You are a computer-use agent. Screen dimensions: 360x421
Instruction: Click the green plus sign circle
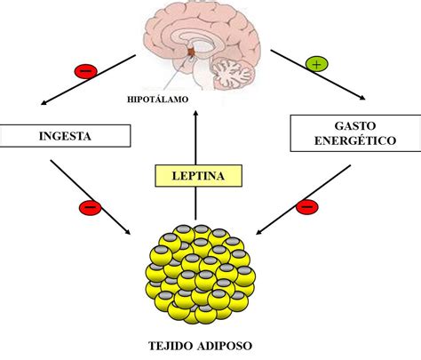click(316, 64)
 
